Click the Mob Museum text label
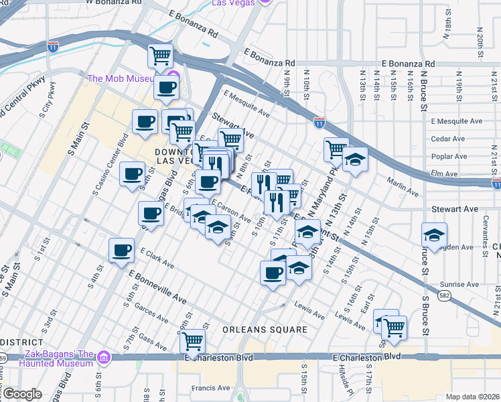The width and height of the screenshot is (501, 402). (x=126, y=78)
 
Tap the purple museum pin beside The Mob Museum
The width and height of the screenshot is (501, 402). (x=173, y=77)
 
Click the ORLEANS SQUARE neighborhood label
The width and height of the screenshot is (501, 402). (x=266, y=330)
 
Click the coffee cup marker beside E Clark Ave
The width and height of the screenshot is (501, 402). (x=121, y=250)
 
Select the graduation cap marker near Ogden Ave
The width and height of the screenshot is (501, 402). (x=434, y=236)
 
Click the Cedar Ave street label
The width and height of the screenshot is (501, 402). (x=448, y=139)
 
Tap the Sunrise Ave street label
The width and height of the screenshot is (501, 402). (x=463, y=284)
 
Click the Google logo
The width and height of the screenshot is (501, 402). (x=23, y=393)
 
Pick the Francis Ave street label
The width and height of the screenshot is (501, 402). (x=210, y=388)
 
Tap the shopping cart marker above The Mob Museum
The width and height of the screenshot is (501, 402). (x=161, y=56)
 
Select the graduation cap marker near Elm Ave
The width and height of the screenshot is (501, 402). (x=356, y=159)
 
